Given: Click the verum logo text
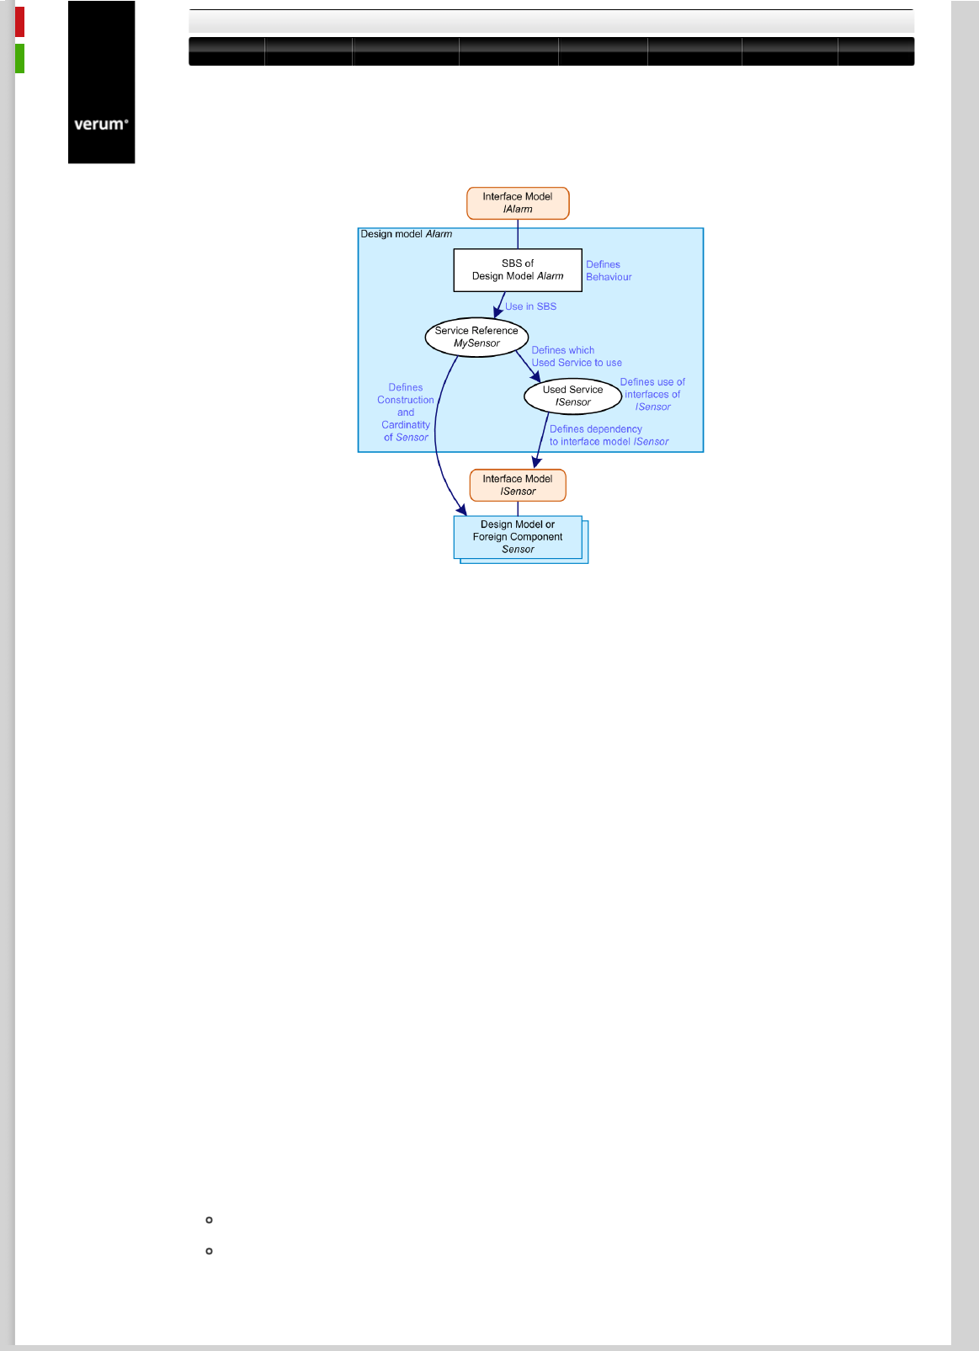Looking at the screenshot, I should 101,125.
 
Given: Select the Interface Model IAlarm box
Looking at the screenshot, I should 518,203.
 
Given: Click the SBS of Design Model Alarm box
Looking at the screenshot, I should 518,269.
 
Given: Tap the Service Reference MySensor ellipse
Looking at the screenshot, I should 476,337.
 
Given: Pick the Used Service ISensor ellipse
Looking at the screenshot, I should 572,396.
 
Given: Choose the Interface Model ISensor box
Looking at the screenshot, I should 518,485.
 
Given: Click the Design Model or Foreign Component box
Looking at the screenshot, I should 518,537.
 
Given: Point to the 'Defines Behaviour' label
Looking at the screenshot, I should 609,270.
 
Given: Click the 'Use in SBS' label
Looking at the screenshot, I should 530,306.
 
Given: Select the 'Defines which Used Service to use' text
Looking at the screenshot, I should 577,356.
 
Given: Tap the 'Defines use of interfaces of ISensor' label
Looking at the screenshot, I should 652,394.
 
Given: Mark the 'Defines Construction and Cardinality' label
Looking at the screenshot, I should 406,412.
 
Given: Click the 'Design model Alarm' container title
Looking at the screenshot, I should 407,234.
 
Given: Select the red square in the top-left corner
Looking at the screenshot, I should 19,22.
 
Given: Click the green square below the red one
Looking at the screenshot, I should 19,58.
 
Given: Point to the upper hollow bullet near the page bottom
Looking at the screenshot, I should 209,1220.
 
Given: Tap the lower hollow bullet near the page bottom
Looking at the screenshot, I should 209,1252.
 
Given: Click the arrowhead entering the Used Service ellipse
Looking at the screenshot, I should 535,376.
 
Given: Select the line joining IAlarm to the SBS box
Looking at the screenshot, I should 518,234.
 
